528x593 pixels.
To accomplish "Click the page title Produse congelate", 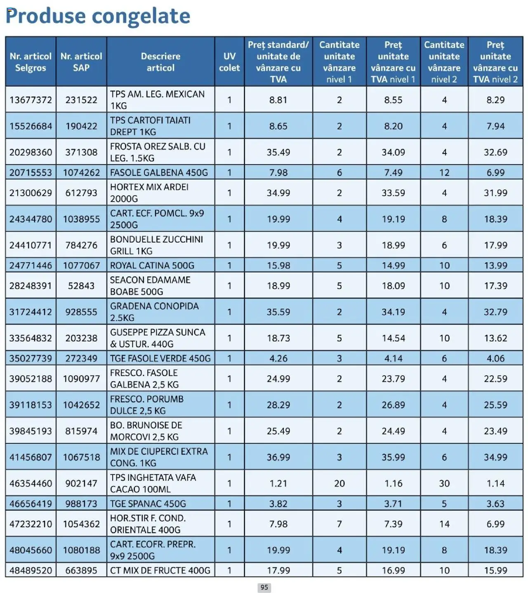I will click(98, 16).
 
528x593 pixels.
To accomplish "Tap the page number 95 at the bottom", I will click(264, 587).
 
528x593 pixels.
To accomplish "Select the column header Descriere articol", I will click(160, 62).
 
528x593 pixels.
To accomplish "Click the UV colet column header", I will click(229, 62).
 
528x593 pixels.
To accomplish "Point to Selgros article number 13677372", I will click(31, 100).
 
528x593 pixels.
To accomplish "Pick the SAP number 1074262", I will click(81, 172).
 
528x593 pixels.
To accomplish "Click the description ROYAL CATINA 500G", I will click(152, 266).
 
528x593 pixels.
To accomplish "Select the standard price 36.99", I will click(278, 457).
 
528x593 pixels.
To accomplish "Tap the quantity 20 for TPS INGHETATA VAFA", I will click(339, 483).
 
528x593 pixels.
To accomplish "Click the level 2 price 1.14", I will click(495, 483).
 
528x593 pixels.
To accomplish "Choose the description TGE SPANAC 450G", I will click(148, 504).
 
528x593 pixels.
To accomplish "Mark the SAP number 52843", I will click(81, 286).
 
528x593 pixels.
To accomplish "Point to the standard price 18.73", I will click(278, 338).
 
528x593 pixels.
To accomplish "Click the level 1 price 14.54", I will click(393, 338).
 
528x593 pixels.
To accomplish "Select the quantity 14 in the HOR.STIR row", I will click(444, 524).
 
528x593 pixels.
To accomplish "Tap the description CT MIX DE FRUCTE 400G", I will click(160, 570).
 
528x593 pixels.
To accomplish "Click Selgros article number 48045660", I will click(31, 550).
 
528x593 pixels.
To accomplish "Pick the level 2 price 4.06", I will click(495, 358).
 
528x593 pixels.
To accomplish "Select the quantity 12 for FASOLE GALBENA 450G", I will click(444, 172).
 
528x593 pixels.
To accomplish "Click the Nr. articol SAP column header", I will click(81, 62).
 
